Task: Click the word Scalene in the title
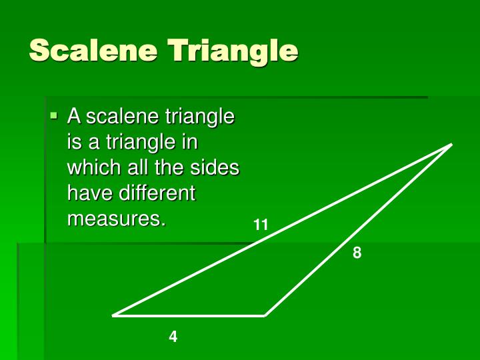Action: [x=93, y=51]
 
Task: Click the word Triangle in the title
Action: [x=233, y=51]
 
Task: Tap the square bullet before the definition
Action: [x=54, y=116]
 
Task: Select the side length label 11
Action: [x=261, y=225]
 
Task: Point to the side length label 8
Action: [x=357, y=253]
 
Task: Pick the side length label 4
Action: [x=173, y=337]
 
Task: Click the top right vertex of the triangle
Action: [x=451, y=145]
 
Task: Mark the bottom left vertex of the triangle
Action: [x=114, y=315]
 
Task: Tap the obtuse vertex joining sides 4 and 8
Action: [x=265, y=315]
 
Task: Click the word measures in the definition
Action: [x=114, y=219]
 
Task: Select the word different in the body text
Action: [x=157, y=193]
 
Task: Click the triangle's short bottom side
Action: [x=190, y=315]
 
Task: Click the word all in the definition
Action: [x=137, y=167]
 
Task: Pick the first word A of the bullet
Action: [x=74, y=117]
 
